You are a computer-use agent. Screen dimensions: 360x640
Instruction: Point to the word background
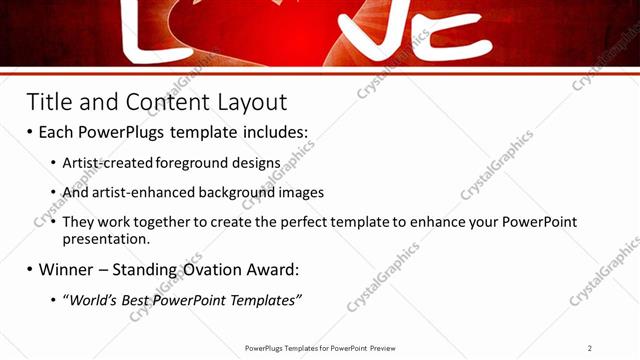tap(239, 192)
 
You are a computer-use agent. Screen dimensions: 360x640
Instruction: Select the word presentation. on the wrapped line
tap(106, 240)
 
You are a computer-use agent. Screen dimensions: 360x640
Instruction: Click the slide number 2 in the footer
tap(590, 347)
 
